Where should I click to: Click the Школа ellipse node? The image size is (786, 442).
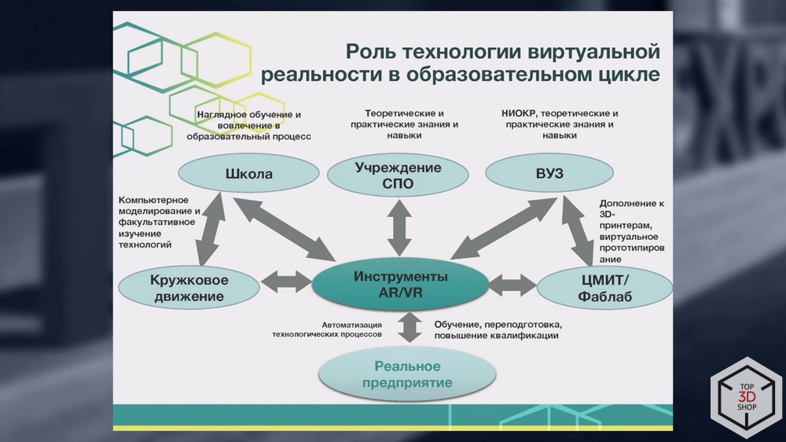tap(248, 174)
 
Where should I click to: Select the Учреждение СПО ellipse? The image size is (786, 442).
tap(398, 175)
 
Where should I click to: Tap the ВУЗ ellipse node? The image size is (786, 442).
tap(548, 174)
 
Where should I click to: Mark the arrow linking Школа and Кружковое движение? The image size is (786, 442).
tap(210, 233)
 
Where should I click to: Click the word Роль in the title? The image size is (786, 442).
tap(371, 53)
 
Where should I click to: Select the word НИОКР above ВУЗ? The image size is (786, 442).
tap(520, 113)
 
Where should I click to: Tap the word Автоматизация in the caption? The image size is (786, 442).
tap(351, 324)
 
